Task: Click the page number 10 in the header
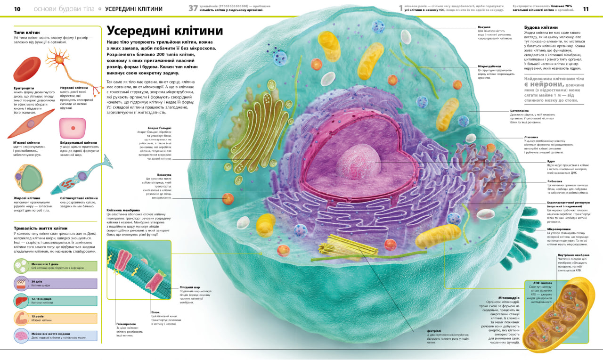tap(17, 9)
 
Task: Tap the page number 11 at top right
tap(586, 9)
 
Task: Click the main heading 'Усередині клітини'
tap(164, 31)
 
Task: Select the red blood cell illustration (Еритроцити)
tap(27, 69)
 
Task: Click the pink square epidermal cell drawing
tap(72, 128)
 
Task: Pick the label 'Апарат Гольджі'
tap(159, 128)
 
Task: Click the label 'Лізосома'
tap(531, 137)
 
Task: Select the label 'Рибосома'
tap(554, 181)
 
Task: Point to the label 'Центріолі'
tap(433, 331)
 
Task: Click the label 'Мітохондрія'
tap(509, 298)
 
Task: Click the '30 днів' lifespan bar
tap(56, 283)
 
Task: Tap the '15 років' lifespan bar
tap(56, 318)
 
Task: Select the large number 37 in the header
tap(193, 8)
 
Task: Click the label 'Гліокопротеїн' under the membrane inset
tap(126, 324)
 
